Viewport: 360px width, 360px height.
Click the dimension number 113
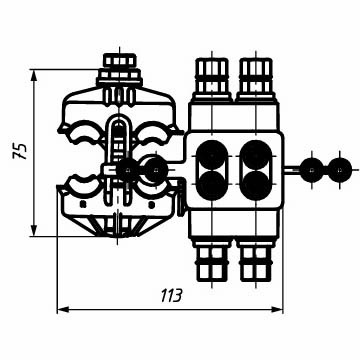pos(172,296)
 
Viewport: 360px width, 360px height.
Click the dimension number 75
pos(19,151)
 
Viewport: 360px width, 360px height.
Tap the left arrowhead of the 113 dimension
pos(63,310)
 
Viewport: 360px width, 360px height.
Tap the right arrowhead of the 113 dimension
pos(277,310)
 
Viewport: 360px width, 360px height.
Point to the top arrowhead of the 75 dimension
pos(34,75)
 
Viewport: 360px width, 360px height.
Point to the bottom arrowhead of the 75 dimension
pos(34,231)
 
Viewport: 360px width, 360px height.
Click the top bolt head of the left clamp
pos(120,60)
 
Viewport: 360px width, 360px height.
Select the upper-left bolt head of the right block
pos(212,76)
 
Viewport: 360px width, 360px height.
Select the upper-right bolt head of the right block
pos(256,76)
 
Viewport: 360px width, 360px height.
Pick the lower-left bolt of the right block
pos(212,263)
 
